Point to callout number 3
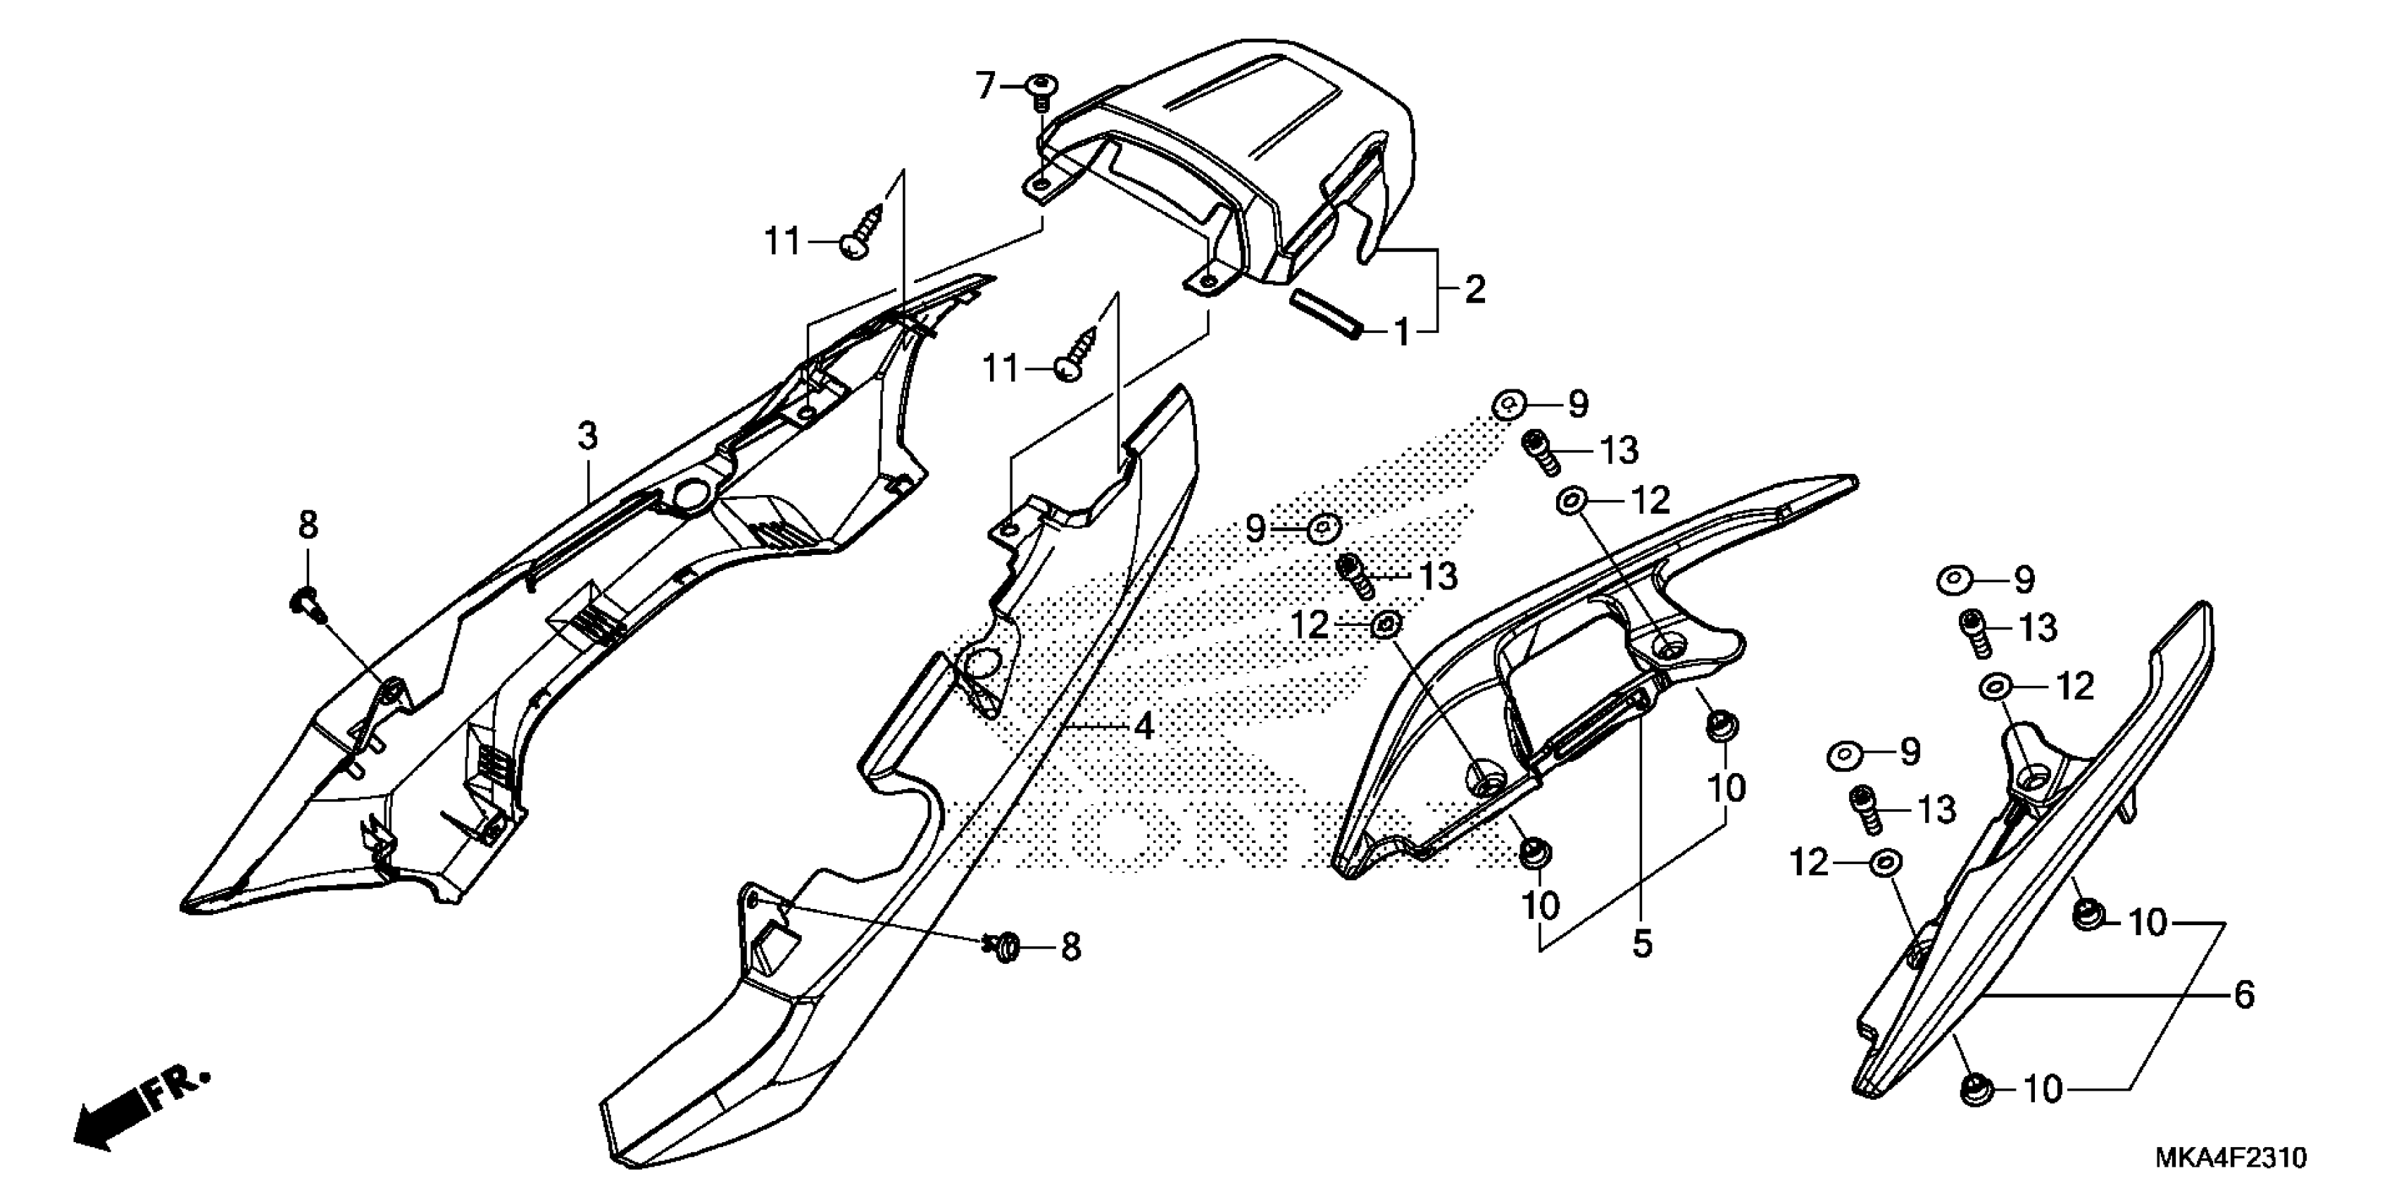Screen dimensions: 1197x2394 [587, 435]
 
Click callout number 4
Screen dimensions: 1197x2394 [1144, 726]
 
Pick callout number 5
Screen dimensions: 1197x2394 [1642, 944]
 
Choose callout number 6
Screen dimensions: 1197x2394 [2243, 996]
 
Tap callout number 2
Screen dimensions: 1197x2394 [1475, 289]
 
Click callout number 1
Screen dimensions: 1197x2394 [1400, 332]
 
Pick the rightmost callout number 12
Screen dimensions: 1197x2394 [2075, 687]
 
